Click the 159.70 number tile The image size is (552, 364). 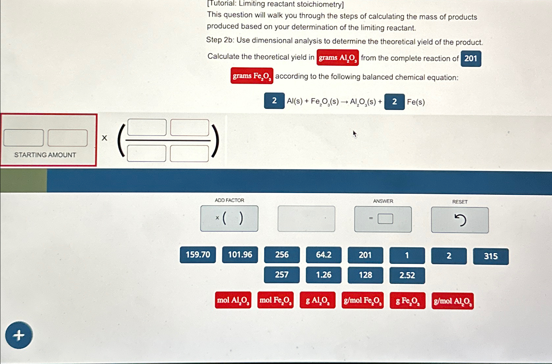pos(198,255)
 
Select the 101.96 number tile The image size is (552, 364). pos(240,255)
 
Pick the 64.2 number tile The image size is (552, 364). pos(324,255)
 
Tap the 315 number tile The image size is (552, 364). pos(491,256)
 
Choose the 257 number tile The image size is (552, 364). pos(282,275)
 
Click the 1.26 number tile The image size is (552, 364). pos(324,275)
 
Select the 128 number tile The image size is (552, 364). pos(366,275)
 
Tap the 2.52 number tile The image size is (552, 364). pos(407,276)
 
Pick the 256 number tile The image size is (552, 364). pos(282,255)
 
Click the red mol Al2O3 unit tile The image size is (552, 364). pos(233,300)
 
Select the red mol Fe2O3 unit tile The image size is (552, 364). pos(276,300)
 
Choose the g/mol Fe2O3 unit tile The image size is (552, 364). pos(363,300)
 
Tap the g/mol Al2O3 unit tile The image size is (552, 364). pos(453,301)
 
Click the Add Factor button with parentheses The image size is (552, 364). pos(229,219)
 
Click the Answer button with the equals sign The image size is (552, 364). pos(383,219)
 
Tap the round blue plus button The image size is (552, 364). pos(19,335)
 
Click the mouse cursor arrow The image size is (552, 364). pos(354,134)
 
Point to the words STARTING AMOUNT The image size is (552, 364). pos(45,155)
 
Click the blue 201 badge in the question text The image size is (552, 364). pos(471,59)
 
